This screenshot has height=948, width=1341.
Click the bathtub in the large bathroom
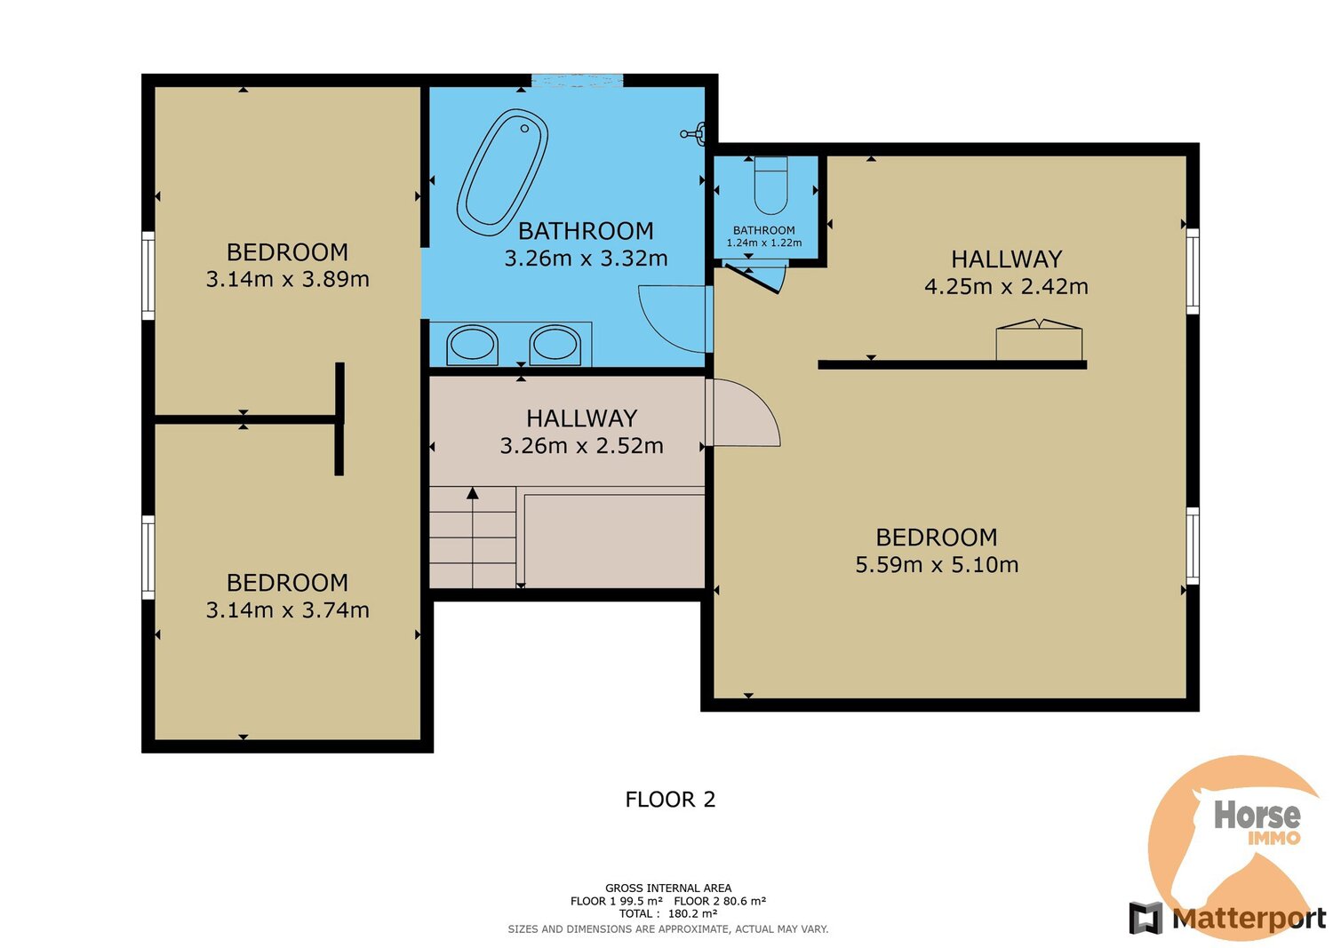tap(503, 172)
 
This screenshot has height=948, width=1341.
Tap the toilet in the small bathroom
tap(770, 186)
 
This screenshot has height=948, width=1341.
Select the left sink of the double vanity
tap(473, 345)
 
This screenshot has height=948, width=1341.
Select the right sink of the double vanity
tap(555, 345)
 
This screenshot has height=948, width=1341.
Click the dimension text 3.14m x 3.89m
tap(287, 280)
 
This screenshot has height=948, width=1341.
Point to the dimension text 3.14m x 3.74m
tap(287, 609)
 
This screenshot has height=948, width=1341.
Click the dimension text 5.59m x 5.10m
tap(937, 564)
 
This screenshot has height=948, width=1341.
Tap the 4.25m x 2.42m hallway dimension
tap(1006, 287)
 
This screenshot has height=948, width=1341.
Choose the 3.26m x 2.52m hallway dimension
tap(582, 446)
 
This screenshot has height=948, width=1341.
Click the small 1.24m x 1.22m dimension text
tap(764, 243)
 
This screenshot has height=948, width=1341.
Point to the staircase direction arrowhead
tap(473, 493)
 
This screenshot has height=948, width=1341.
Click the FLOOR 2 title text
tap(670, 800)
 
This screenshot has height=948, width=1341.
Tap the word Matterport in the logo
tap(1249, 918)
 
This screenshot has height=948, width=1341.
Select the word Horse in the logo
tap(1257, 815)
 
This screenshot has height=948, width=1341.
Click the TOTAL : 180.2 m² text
tap(668, 914)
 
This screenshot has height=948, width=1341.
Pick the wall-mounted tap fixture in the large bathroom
tap(694, 133)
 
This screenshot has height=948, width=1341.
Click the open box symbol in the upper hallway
tap(1039, 339)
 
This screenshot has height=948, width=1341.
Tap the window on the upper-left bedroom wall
tap(148, 276)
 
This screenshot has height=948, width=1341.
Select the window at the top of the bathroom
tap(577, 80)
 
